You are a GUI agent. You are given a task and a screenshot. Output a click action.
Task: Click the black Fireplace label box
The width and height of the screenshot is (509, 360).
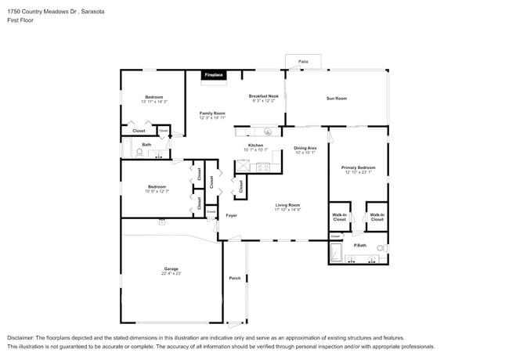pyautogui.click(x=214, y=75)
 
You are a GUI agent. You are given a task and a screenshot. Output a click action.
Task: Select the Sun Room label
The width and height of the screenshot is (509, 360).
pyautogui.click(x=337, y=98)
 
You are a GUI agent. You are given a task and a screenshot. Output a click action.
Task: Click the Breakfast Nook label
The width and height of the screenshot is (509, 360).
pyautogui.click(x=264, y=95)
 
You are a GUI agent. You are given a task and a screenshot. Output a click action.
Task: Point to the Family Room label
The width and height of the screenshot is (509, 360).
pyautogui.click(x=212, y=113)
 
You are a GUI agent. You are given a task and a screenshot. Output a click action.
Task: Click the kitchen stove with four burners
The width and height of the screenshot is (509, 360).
pyautogui.click(x=263, y=166)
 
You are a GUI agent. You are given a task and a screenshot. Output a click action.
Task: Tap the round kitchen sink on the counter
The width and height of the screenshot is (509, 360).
pyautogui.click(x=267, y=131)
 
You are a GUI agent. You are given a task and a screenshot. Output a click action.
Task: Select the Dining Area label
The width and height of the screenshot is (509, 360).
pyautogui.click(x=305, y=148)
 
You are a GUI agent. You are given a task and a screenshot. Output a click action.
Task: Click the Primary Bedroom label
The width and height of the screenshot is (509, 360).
pyautogui.click(x=358, y=167)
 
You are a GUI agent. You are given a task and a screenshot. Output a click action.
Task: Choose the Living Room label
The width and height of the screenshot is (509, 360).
pyautogui.click(x=288, y=205)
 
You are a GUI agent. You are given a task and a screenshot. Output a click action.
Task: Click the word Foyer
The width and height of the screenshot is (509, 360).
pyautogui.click(x=231, y=215)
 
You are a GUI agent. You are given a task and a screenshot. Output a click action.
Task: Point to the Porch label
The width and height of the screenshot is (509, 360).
pyautogui.click(x=234, y=278)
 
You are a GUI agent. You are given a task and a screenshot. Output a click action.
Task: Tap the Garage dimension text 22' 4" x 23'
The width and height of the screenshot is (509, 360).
pyautogui.click(x=171, y=273)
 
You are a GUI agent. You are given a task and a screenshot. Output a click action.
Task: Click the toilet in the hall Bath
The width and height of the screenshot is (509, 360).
pyautogui.click(x=140, y=154)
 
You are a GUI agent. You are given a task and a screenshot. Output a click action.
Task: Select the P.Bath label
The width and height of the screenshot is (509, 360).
pyautogui.click(x=360, y=245)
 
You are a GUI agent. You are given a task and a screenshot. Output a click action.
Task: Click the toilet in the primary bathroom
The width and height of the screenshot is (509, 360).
pyautogui.click(x=381, y=249)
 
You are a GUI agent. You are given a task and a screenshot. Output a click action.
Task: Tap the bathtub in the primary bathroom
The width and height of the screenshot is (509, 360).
pyautogui.click(x=336, y=253)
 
